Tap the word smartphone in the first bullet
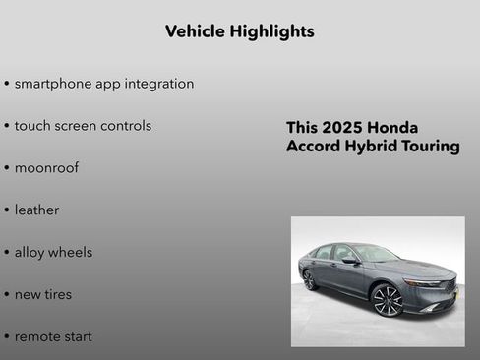pyautogui.click(x=54, y=84)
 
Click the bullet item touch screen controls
pyautogui.click(x=83, y=126)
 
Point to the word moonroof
pyautogui.click(x=46, y=168)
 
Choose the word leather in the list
pyautogui.click(x=36, y=210)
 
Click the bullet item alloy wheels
pyautogui.click(x=53, y=253)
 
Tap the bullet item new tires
pyautogui.click(x=42, y=295)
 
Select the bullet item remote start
pyautogui.click(x=53, y=337)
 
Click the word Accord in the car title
pyautogui.click(x=313, y=147)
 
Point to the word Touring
pyautogui.click(x=428, y=147)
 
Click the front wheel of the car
pyautogui.click(x=387, y=300)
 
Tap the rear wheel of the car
pyautogui.click(x=310, y=279)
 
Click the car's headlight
pyautogui.click(x=425, y=283)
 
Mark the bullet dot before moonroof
pyautogui.click(x=7, y=168)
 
